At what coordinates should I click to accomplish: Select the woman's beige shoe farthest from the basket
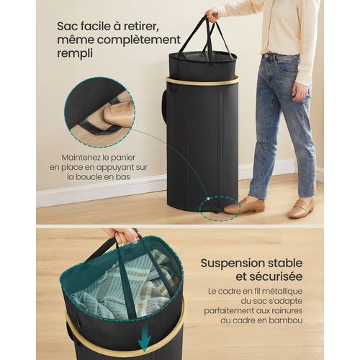click(301, 210)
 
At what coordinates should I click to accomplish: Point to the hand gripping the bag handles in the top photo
click(211, 14)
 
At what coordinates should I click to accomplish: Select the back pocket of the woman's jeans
click(286, 66)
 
